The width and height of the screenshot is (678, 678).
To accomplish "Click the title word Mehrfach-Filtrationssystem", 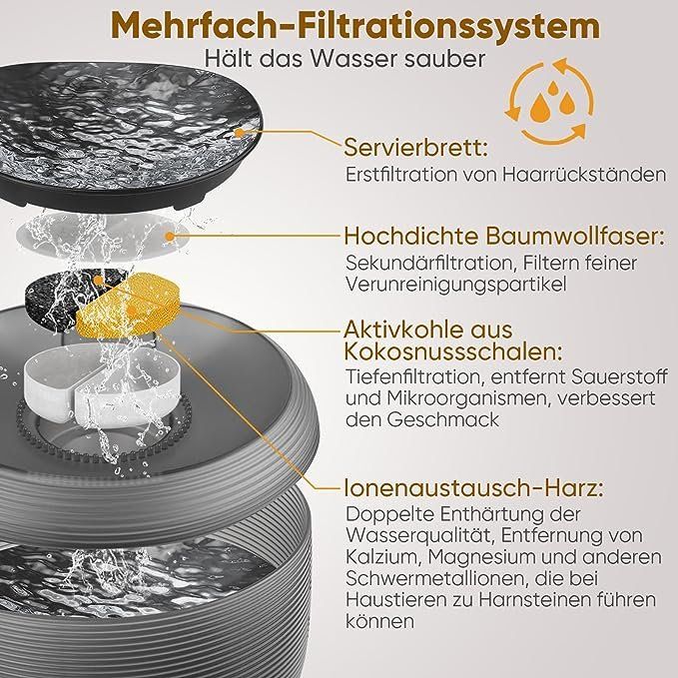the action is tap(355, 26).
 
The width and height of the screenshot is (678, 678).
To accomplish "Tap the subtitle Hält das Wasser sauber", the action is tap(345, 58).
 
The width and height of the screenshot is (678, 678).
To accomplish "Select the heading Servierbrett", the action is tap(416, 148).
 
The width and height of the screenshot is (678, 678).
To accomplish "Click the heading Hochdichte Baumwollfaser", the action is tap(504, 236).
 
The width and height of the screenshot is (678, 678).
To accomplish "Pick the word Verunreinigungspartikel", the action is tap(456, 285).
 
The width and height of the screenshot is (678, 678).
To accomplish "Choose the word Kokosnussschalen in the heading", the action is tap(454, 351).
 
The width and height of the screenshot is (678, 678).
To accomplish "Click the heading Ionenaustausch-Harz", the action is tap(473, 488).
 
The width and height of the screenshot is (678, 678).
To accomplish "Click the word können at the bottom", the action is tap(380, 622).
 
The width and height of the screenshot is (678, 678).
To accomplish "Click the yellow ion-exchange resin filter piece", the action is tap(126, 307).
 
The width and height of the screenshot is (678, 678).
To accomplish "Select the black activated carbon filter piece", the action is tap(65, 299).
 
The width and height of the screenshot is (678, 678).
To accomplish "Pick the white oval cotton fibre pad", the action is tap(104, 237).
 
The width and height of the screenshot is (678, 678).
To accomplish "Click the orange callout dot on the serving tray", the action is tap(239, 133).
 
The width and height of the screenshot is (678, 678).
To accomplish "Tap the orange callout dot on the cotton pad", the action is tap(170, 237).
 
